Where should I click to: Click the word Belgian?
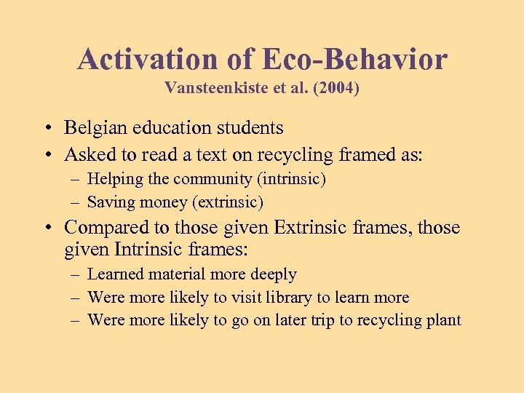(x=90, y=128)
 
